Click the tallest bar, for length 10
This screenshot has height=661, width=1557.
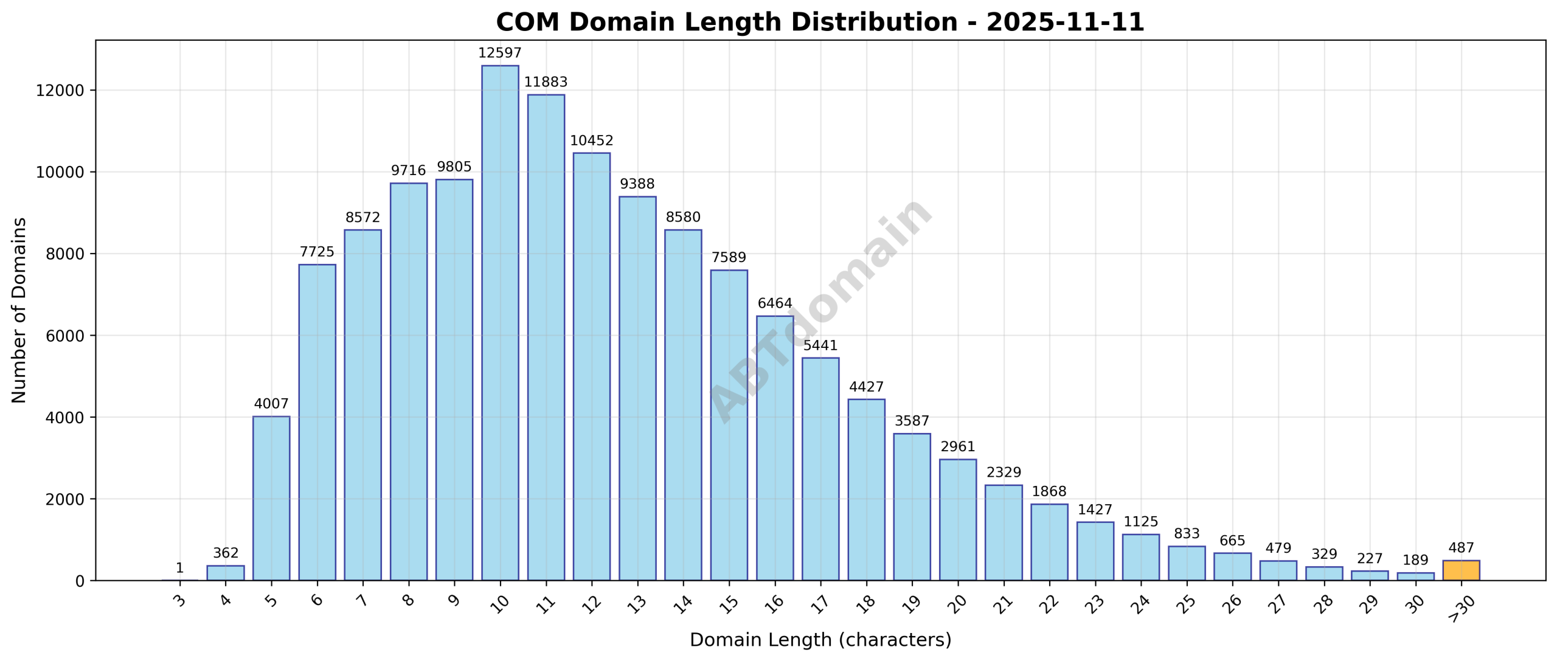(x=500, y=322)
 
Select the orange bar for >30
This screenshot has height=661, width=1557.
(x=1461, y=570)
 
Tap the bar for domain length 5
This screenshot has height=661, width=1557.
(x=271, y=498)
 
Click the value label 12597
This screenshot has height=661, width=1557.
(x=500, y=54)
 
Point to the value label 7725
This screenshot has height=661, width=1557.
(x=317, y=252)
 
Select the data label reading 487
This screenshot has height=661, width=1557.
(x=1461, y=548)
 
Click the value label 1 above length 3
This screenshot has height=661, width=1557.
(x=179, y=568)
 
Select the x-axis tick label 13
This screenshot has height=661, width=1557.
(x=637, y=603)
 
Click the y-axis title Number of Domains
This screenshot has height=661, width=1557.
(x=19, y=310)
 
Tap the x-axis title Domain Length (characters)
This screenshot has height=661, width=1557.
(x=820, y=640)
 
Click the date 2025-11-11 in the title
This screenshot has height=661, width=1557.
(x=1065, y=22)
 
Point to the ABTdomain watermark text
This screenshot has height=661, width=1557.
(x=821, y=310)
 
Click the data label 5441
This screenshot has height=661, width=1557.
(x=820, y=345)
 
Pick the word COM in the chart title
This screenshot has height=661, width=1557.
(x=527, y=22)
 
